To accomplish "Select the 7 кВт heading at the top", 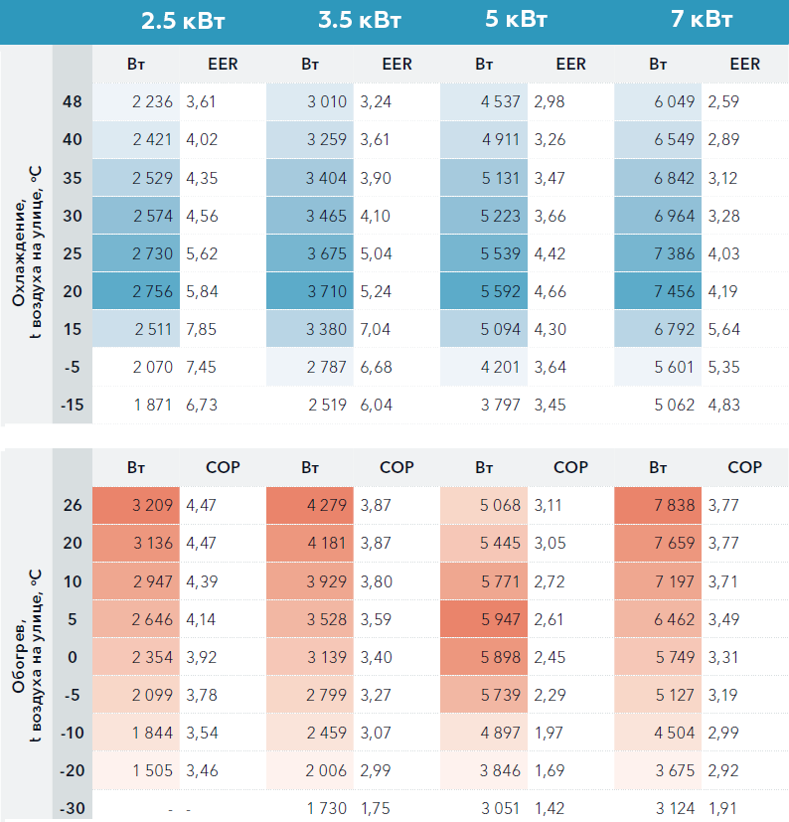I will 703,21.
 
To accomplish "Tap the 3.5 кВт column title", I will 358,21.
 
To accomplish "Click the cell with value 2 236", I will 152,101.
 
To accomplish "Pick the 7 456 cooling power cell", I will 675,291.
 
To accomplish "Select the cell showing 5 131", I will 500,177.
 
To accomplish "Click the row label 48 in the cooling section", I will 73,101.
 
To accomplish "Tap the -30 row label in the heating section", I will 72,808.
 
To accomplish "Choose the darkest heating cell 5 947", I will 500,619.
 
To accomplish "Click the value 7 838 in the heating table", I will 675,505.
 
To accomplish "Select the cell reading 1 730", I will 327,808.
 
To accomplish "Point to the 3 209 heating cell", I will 152,505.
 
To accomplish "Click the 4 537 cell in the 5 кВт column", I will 500,101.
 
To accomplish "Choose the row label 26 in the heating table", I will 73,505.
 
